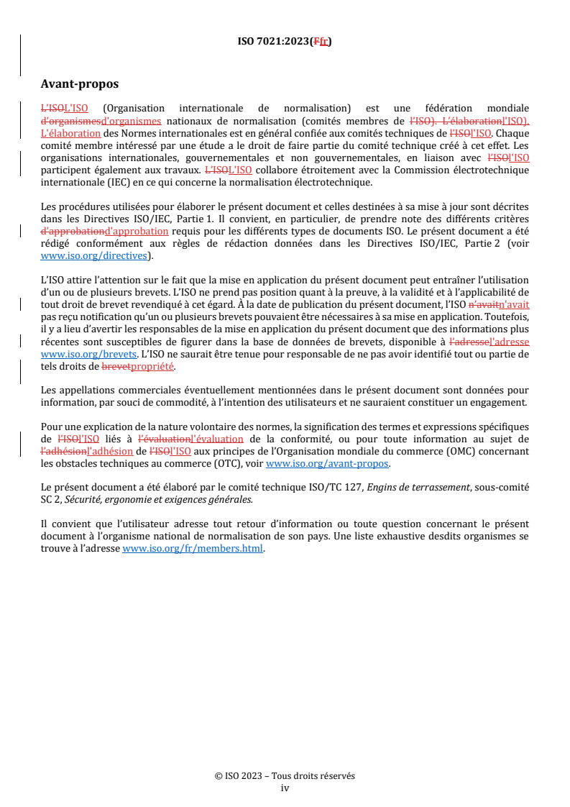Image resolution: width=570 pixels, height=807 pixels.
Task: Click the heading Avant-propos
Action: point(80,84)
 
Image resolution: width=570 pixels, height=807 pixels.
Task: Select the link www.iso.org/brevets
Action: point(88,354)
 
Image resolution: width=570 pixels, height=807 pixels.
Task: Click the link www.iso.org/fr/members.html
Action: point(193,549)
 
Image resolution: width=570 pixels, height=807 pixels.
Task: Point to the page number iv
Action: point(285,788)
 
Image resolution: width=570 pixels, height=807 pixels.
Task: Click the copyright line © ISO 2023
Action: point(285,776)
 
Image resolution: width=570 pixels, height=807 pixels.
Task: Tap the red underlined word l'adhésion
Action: point(109,451)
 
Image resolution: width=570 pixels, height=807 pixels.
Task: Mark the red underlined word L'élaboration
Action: point(70,133)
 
